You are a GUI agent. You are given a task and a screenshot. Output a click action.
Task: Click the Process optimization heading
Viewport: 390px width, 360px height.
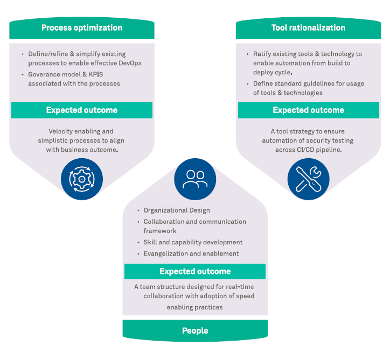click(x=82, y=28)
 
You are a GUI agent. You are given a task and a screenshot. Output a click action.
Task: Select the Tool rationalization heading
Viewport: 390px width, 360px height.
click(x=308, y=28)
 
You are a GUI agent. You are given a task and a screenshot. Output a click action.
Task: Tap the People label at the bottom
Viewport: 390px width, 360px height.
click(x=195, y=330)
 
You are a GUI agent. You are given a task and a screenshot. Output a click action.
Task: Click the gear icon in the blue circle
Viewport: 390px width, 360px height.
click(x=82, y=179)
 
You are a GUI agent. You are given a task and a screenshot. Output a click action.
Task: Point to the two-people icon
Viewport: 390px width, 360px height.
click(x=195, y=179)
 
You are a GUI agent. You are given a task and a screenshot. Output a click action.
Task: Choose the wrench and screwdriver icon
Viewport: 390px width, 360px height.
click(x=308, y=179)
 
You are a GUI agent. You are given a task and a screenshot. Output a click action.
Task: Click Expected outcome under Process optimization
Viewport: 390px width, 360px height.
click(x=82, y=110)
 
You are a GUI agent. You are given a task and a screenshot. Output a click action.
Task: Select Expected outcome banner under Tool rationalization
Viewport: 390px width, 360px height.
click(x=308, y=110)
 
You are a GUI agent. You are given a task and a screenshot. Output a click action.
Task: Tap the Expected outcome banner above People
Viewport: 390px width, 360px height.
click(x=195, y=272)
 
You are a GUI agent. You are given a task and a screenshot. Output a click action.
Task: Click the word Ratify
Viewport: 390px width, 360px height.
click(x=262, y=54)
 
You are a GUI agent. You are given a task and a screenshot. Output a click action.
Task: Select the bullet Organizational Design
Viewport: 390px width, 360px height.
click(x=177, y=210)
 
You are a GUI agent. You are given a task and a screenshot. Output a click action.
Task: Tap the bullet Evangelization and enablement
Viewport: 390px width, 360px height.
click(x=191, y=253)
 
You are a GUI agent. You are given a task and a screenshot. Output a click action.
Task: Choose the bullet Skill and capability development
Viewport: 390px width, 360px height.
click(x=193, y=242)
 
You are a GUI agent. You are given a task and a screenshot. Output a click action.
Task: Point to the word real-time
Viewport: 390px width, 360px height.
click(x=239, y=287)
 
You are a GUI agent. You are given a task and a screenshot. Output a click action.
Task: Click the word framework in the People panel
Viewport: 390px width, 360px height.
click(x=160, y=231)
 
